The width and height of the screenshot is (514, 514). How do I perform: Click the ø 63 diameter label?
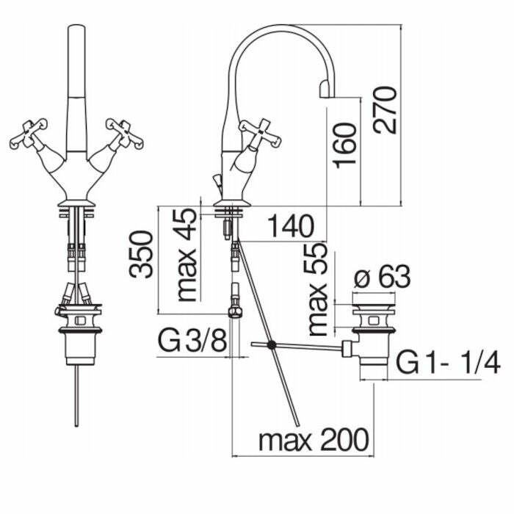[x=382, y=278]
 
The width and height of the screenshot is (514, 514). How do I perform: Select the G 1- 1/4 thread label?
[x=448, y=363]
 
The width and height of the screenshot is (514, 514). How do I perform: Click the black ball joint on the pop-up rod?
[x=272, y=344]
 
